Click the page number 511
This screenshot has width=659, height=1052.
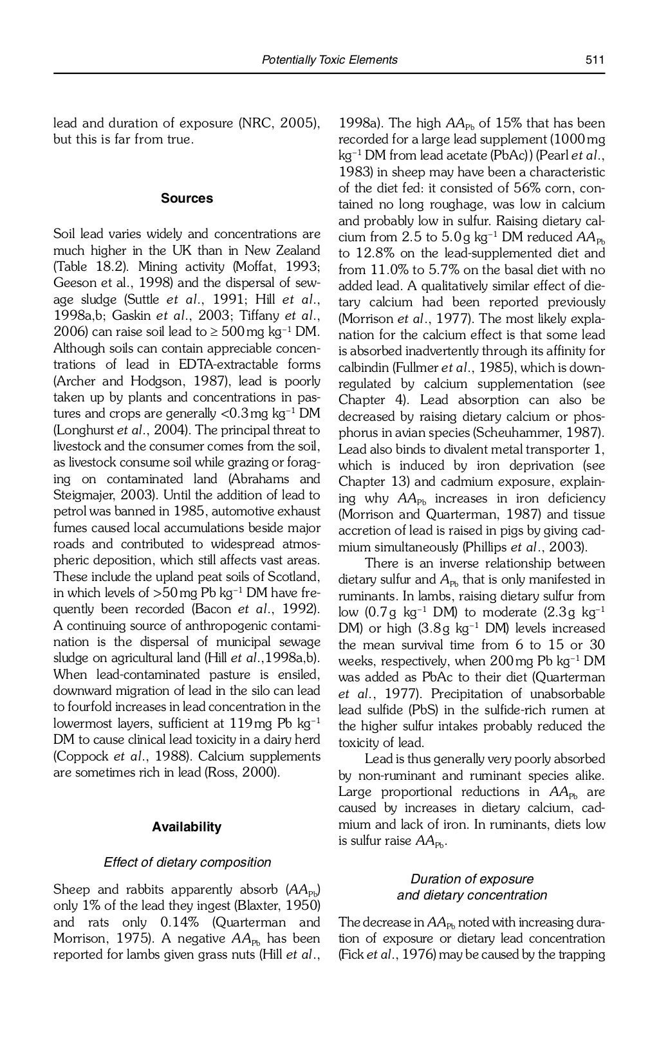(x=595, y=60)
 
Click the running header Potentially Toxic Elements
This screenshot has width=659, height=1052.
(x=329, y=60)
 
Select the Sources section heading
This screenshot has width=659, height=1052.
(x=187, y=198)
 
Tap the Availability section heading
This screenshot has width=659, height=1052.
(x=187, y=827)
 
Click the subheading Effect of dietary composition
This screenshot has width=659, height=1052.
(x=187, y=862)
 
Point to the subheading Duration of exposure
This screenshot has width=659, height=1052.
(x=472, y=879)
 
